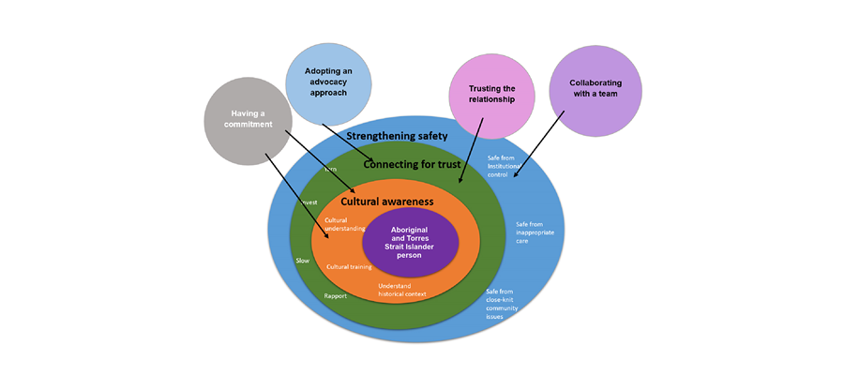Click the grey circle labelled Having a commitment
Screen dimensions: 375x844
249,120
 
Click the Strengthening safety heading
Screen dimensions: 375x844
390,136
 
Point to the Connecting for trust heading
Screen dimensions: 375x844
412,164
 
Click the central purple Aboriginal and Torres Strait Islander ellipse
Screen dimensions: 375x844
410,242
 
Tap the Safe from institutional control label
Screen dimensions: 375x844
507,166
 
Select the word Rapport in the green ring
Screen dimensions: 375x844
335,296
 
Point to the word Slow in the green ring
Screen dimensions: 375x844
302,261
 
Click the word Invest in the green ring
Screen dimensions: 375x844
309,202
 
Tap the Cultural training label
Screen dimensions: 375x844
350,267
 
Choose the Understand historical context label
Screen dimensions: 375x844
402,290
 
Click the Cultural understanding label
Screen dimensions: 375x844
341,225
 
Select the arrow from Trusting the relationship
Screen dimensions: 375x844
471,150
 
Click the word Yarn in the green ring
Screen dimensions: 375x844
330,170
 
